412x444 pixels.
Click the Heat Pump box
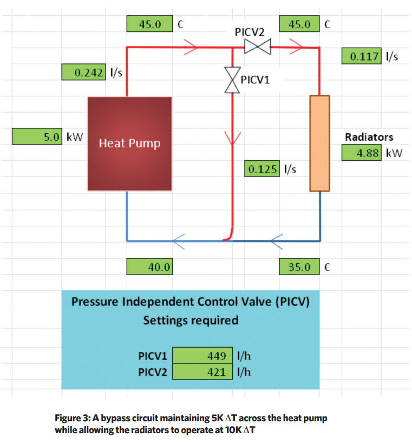pos(129,143)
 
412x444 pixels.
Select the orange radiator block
pos(319,143)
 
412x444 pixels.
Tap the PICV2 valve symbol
pos(257,47)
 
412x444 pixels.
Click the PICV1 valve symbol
pos(232,80)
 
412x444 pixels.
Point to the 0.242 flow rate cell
pos(84,72)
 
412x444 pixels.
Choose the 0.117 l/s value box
pos(361,56)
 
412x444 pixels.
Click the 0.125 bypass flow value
pos(262,169)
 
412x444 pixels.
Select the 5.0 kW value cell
pos(37,136)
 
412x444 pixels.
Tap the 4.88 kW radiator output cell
pos(361,153)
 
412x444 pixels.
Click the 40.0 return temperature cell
pos(149,266)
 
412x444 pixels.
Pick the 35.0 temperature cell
pos(299,266)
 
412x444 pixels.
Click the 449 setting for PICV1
pos(202,355)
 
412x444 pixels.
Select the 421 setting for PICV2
pos(202,371)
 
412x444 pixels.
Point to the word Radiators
pos(369,137)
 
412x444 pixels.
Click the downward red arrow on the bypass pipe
pos(232,138)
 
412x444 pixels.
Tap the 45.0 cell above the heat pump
pos(149,24)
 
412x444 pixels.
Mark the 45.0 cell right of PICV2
pos(299,24)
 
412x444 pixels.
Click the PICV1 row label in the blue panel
pos(153,356)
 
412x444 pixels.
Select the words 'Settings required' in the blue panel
pos(191,320)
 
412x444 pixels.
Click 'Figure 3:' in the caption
pos(73,418)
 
